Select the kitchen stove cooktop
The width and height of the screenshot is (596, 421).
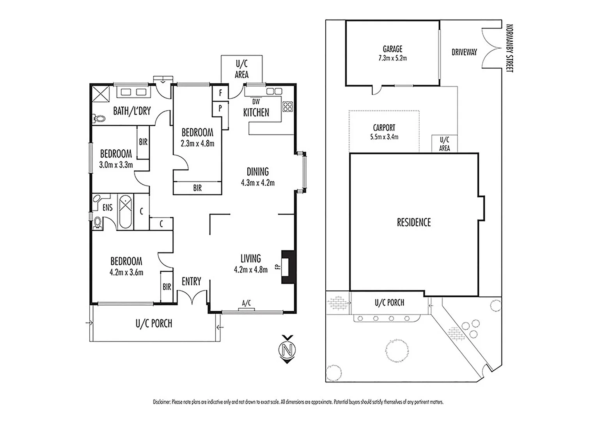(x=287, y=106)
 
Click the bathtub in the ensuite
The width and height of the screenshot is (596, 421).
(x=125, y=212)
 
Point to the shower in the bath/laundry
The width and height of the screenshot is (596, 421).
(x=99, y=94)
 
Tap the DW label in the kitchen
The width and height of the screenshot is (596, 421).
(x=256, y=102)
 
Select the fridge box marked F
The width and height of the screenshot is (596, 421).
(x=220, y=93)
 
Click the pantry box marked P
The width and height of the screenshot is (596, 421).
(x=220, y=108)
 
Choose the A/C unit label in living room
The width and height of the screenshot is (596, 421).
(x=246, y=302)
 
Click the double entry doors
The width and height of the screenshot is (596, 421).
(x=192, y=297)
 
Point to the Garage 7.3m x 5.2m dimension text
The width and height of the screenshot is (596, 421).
(x=392, y=58)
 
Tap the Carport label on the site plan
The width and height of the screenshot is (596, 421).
(x=384, y=128)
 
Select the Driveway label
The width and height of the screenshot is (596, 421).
(x=464, y=52)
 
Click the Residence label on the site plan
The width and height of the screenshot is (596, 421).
(x=414, y=223)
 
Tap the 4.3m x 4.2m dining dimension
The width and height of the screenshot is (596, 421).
(x=258, y=182)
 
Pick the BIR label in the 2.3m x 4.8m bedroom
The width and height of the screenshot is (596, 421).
(x=197, y=188)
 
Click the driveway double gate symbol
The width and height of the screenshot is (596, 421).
(x=491, y=48)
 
